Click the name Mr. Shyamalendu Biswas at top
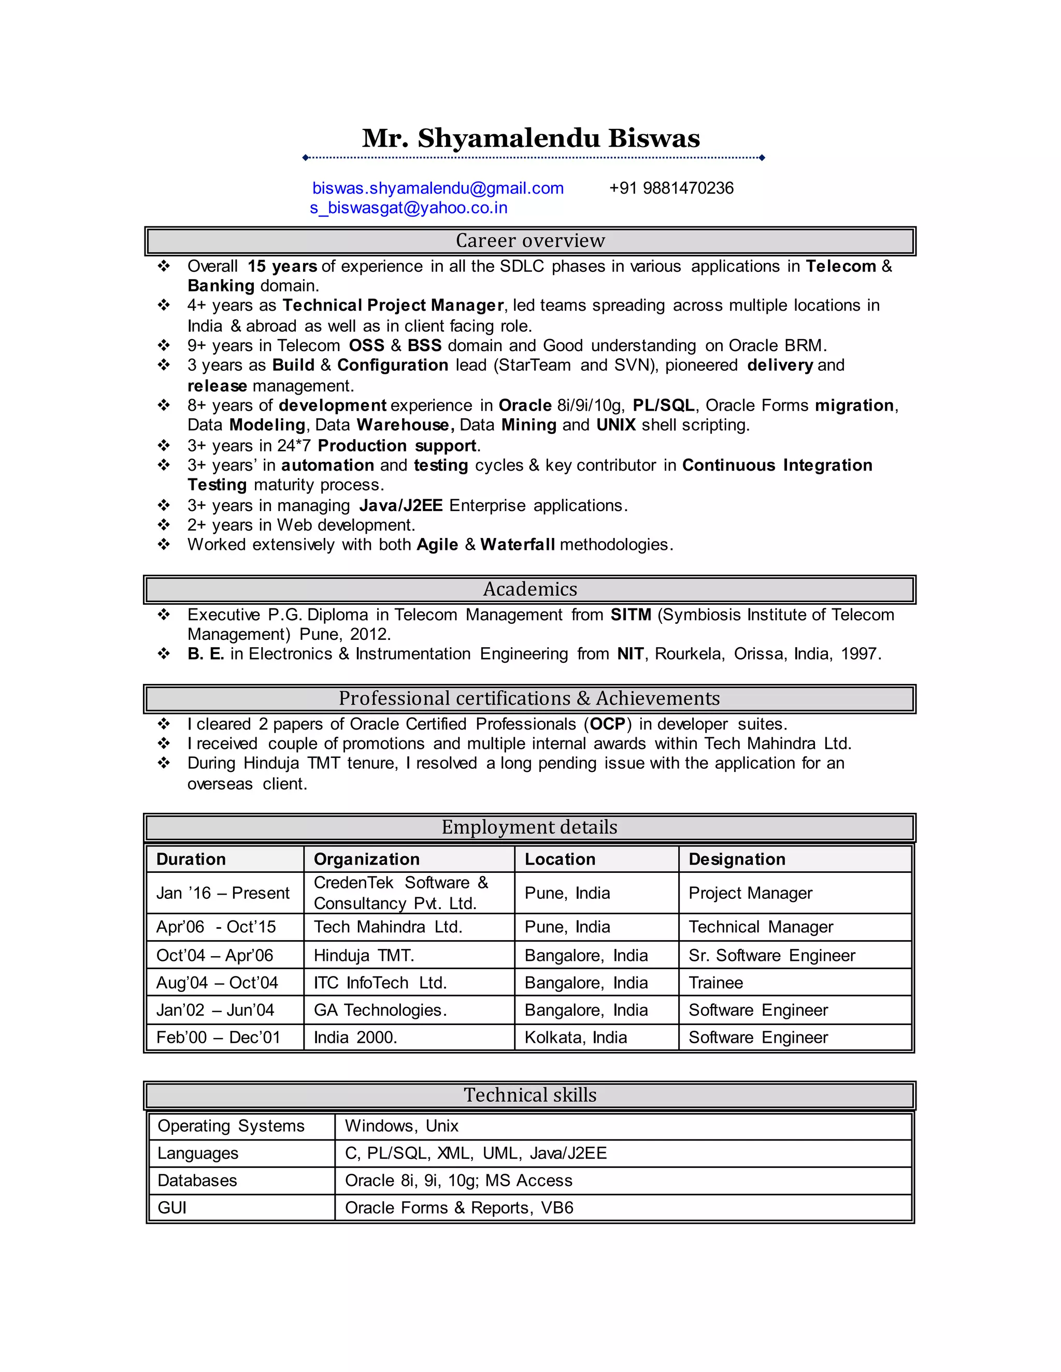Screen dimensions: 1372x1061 coord(530,139)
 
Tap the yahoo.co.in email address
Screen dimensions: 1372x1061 coord(409,208)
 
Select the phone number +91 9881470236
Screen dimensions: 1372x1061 coord(671,188)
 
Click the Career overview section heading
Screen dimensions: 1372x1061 coord(530,241)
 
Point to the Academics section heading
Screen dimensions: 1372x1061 coord(530,589)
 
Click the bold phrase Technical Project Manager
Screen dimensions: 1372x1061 coord(393,305)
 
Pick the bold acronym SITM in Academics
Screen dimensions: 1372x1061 coord(630,615)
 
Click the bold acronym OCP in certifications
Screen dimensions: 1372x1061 coord(607,724)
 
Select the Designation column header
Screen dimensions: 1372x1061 coord(737,859)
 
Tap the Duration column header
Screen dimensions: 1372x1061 coord(191,859)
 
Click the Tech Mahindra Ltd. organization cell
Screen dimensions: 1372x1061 coord(388,927)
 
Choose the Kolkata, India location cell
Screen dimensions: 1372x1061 coord(575,1037)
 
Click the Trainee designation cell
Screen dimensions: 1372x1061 coord(715,983)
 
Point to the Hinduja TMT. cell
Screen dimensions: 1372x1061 coord(363,956)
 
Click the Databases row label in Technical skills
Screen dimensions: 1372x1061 coord(197,1180)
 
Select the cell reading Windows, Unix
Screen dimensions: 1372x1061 coord(401,1126)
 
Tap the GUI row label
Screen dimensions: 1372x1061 coord(171,1207)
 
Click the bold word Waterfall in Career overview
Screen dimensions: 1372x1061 coord(518,545)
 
